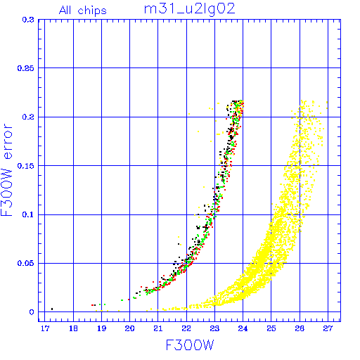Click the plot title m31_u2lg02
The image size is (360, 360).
[x=189, y=9]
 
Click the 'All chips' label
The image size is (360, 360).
[x=83, y=11]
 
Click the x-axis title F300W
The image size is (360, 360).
[x=190, y=345]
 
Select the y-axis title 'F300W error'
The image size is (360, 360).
[x=7, y=169]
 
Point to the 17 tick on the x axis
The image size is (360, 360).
[x=45, y=328]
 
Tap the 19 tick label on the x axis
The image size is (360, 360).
[x=101, y=328]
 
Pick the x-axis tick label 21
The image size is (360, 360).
[x=158, y=328]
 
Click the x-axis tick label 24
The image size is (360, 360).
[x=243, y=328]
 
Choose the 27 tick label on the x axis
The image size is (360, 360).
[x=328, y=328]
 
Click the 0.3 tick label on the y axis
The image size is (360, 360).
[x=28, y=20]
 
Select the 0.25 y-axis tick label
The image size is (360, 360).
[x=26, y=68]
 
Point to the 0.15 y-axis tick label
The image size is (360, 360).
[x=26, y=166]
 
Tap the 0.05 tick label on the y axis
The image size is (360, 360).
[x=26, y=263]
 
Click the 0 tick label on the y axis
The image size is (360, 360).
[x=32, y=312]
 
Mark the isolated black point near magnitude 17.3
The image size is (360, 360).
[x=52, y=309]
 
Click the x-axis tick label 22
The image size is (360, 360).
[x=186, y=328]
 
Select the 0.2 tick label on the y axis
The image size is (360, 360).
[x=28, y=117]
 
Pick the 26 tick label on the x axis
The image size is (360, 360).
[x=300, y=328]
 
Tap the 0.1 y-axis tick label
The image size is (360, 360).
[x=28, y=214]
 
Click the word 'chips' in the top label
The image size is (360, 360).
[x=92, y=11]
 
